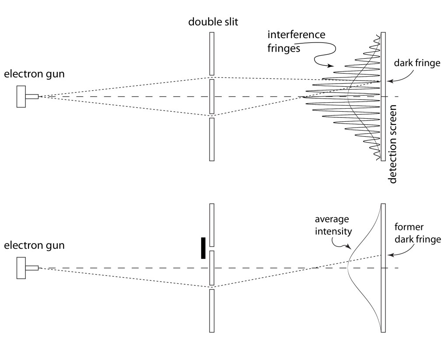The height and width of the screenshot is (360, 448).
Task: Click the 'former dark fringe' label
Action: (x=417, y=234)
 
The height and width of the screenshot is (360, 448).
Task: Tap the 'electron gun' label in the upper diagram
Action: (x=34, y=74)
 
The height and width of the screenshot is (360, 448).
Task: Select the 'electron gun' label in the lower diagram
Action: (x=34, y=245)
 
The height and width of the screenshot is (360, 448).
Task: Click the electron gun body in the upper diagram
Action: (x=21, y=96)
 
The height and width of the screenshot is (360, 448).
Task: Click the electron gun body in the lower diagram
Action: (x=21, y=268)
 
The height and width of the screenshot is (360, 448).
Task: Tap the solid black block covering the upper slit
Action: (x=203, y=248)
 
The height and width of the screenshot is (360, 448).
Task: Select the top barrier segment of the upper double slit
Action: (x=212, y=53)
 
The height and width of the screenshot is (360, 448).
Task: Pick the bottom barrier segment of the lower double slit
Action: (x=212, y=311)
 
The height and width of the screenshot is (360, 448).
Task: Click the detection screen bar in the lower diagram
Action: (x=383, y=268)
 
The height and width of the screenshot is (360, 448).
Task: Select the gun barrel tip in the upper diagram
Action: (x=38, y=96)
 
